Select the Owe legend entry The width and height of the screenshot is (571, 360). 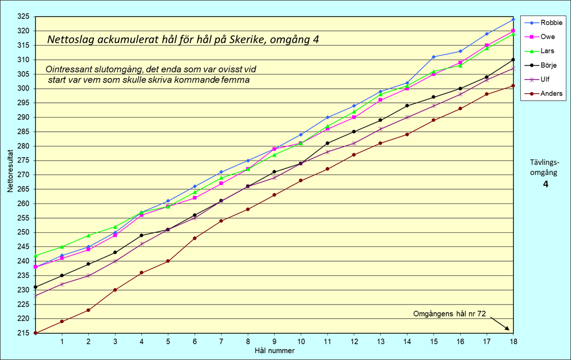[x=547, y=37]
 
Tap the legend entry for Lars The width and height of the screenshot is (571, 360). [x=547, y=51]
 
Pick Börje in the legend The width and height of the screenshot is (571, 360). [x=548, y=65]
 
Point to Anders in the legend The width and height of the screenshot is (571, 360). [x=551, y=94]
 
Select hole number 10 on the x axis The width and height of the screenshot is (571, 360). [x=301, y=342]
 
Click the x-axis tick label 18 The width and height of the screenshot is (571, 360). [x=513, y=342]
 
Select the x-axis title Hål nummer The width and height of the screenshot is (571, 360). [x=274, y=350]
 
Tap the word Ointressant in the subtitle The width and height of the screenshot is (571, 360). [x=67, y=69]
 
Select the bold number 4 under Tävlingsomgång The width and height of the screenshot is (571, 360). [x=545, y=184]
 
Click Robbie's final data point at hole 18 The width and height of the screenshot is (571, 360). [x=513, y=19]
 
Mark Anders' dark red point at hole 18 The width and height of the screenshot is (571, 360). [x=513, y=86]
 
